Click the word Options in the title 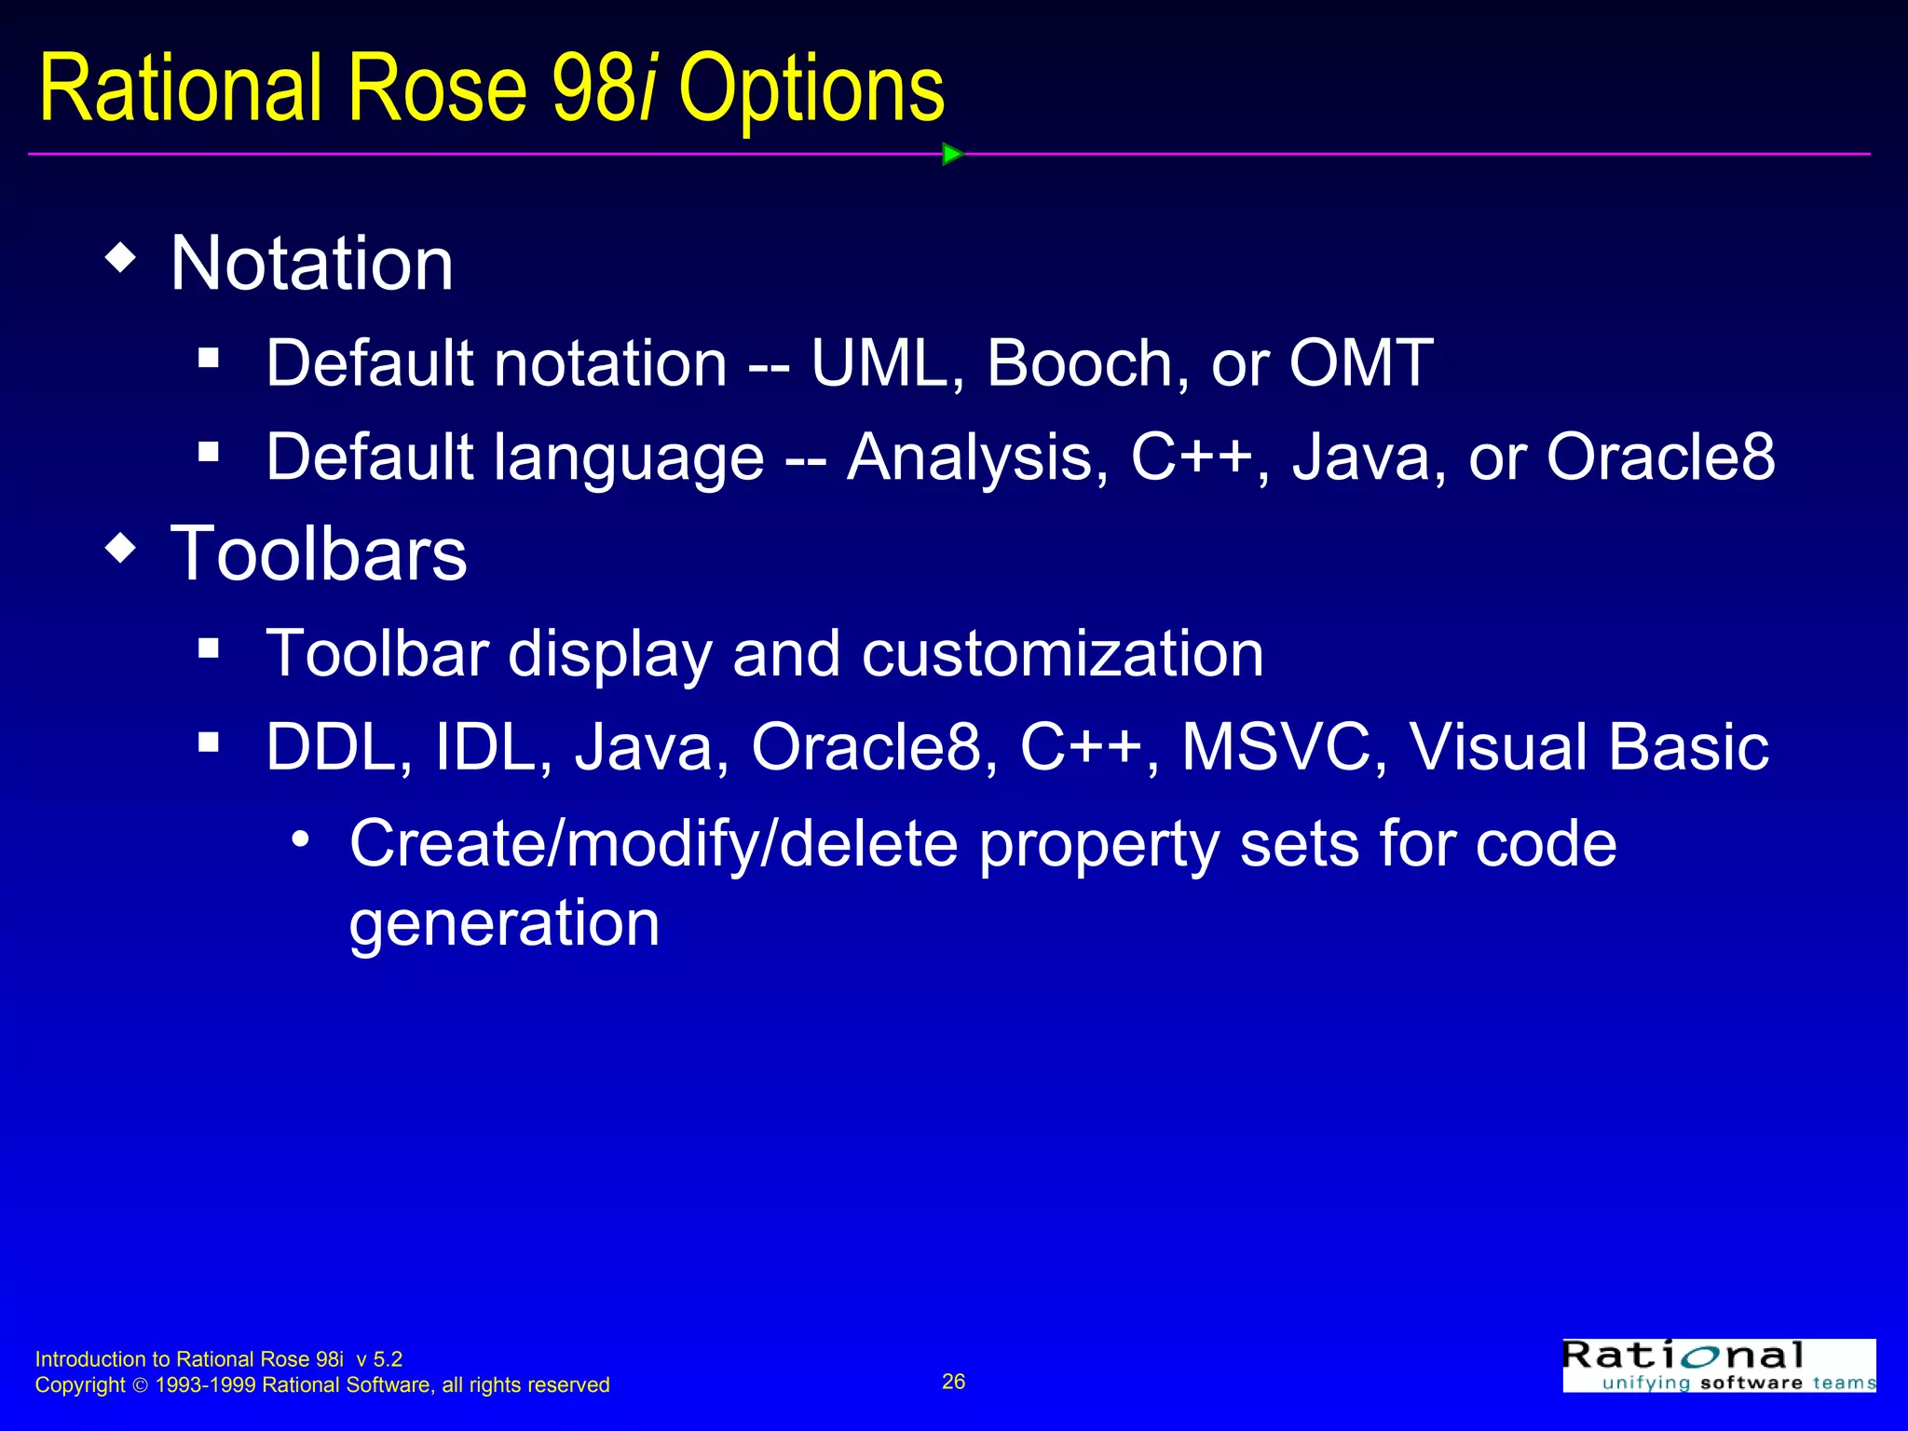tap(811, 90)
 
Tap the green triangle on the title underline tap(951, 154)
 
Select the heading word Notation tap(311, 264)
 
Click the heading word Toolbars tap(318, 553)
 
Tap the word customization tap(1062, 653)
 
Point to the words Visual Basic tap(1588, 747)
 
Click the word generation tap(504, 923)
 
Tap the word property tap(1098, 845)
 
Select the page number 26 tap(953, 1382)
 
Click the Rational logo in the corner tap(1718, 1366)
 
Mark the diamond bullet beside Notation tap(121, 258)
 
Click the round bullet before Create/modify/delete tap(299, 839)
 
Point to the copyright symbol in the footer tap(140, 1386)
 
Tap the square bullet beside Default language tap(209, 453)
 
